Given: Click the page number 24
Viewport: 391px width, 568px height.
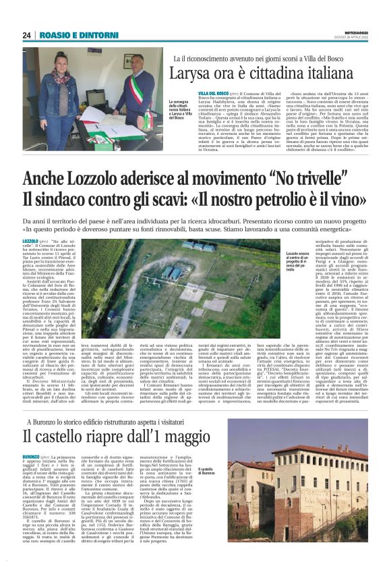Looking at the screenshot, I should point(27,35).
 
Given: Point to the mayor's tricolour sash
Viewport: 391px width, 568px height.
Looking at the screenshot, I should point(131,78).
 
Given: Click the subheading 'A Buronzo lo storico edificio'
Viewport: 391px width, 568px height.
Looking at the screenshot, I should point(100,398).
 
